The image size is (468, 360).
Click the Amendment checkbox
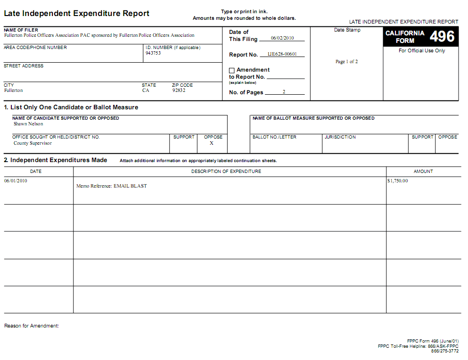[x=232, y=71]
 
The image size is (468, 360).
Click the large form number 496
[x=442, y=37]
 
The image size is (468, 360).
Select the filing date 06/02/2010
[x=282, y=38]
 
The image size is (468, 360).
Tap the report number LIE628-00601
[x=282, y=54]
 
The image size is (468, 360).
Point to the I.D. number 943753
[x=153, y=53]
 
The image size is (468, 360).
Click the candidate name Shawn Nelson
[x=28, y=124]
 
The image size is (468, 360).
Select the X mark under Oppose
[x=212, y=143]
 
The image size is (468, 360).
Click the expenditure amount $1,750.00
[x=397, y=181]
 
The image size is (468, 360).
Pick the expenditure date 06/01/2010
[x=16, y=181]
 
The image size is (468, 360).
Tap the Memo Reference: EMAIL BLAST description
[x=112, y=186]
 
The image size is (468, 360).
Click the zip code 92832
[x=179, y=90]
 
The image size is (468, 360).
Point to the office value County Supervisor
[x=33, y=143]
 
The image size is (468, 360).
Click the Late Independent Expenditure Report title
[x=77, y=14]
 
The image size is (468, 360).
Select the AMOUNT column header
[x=423, y=172]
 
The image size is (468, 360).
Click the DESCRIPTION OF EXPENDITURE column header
[x=226, y=172]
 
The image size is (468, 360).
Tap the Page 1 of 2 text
[x=346, y=62]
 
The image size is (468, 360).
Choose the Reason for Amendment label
[x=32, y=326]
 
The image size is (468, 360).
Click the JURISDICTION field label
[x=340, y=137]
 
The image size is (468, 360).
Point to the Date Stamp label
[x=347, y=30]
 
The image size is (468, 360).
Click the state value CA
[x=146, y=90]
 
